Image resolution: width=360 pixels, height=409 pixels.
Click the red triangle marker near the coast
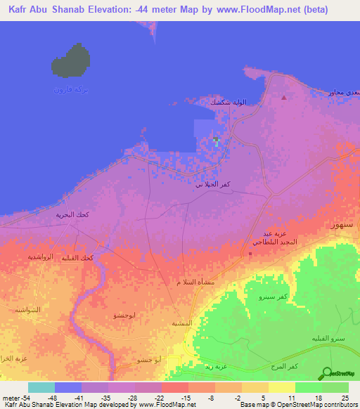(x=283, y=98)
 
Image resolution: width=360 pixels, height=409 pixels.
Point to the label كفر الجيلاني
(x=212, y=185)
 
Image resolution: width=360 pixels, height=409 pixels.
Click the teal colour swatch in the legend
(x=41, y=387)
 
